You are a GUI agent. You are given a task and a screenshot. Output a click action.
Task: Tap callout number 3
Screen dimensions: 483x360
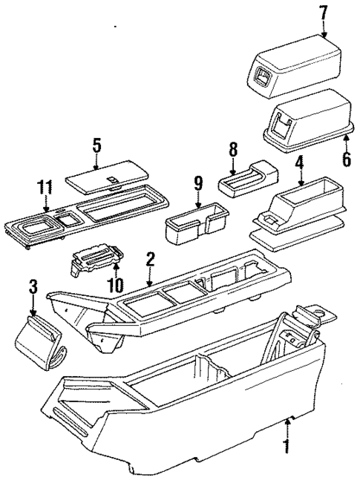click(x=32, y=286)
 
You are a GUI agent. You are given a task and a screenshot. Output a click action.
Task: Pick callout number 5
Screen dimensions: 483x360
click(x=97, y=144)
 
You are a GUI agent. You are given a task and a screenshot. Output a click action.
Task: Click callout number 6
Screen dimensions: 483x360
click(x=344, y=158)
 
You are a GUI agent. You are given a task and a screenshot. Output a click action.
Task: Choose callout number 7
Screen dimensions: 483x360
click(x=324, y=13)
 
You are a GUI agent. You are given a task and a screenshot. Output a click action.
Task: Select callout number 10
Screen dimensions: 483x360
click(x=115, y=285)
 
